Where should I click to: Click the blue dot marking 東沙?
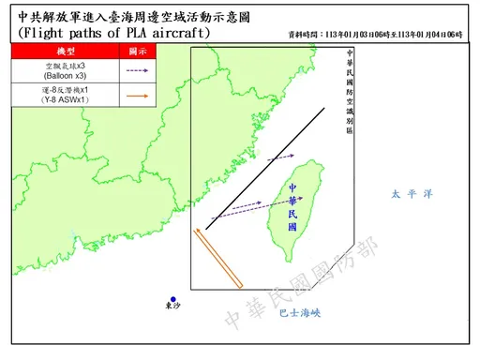(x=173, y=299)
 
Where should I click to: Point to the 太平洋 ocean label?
(x=411, y=195)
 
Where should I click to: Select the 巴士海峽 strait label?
(x=300, y=314)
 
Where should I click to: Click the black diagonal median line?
(x=266, y=168)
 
